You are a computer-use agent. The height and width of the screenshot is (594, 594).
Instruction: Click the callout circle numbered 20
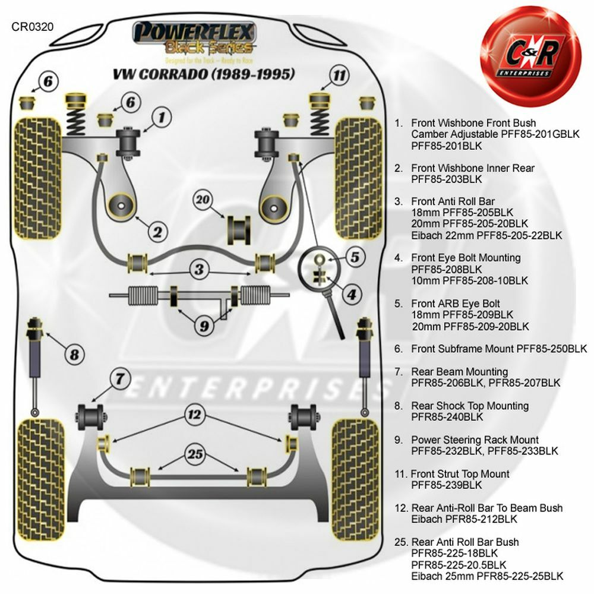pos(204,200)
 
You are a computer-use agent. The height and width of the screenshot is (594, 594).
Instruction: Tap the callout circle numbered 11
pos(339,75)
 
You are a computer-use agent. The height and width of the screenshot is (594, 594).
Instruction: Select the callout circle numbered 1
pos(161,117)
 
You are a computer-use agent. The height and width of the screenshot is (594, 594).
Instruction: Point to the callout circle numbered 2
pos(157,232)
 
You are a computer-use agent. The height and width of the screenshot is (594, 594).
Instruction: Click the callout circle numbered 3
pos(200,269)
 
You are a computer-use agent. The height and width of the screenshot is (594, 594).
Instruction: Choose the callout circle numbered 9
pos(204,325)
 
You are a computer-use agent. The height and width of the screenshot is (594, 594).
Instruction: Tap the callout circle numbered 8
pos(74,355)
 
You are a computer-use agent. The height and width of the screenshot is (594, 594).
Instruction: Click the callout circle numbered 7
pos(120,377)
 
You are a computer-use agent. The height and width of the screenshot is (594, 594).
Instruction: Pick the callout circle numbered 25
pos(194,454)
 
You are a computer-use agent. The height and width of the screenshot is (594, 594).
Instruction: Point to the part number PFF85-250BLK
pos(551,349)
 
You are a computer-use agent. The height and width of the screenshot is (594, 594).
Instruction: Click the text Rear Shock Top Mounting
pos(469,406)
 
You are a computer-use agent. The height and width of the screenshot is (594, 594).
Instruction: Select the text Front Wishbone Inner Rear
pos(472,168)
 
